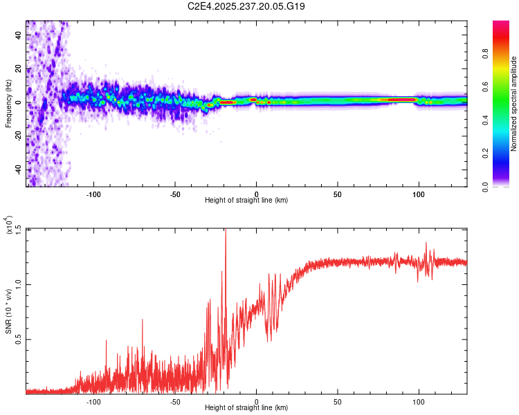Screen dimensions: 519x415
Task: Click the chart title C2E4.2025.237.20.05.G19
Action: (246, 6)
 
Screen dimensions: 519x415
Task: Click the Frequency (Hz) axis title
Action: (8, 104)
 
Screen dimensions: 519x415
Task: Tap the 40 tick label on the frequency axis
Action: (19, 35)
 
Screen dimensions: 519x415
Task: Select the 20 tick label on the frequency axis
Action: (19, 69)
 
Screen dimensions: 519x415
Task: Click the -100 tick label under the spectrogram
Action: (93, 194)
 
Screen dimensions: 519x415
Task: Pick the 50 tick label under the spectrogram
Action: (337, 194)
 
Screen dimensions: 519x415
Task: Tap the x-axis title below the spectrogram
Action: (246, 200)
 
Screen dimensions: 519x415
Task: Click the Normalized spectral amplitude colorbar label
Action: (513, 104)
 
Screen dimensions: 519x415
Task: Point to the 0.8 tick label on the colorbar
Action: (486, 54)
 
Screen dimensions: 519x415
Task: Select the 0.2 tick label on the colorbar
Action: (486, 154)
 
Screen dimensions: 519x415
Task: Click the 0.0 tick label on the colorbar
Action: (486, 187)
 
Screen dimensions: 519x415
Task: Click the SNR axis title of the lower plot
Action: (8, 311)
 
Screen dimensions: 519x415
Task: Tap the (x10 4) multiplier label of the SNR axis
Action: (8, 224)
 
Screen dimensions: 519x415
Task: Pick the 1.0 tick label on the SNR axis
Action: (19, 284)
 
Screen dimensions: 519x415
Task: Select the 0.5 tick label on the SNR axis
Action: (19, 339)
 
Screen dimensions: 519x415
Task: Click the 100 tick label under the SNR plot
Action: (419, 402)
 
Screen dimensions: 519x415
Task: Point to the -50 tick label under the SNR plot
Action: (175, 402)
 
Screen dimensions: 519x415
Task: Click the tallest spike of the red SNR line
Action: (226, 230)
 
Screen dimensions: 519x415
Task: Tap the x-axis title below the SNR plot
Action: (246, 407)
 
